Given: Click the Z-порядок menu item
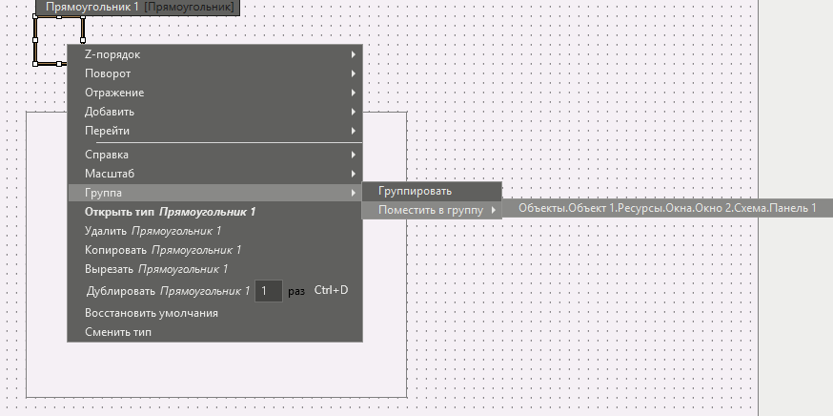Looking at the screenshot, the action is pyautogui.click(x=215, y=54).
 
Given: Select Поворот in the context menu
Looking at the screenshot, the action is pyautogui.click(x=215, y=73).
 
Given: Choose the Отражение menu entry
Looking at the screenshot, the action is pyautogui.click(x=215, y=93).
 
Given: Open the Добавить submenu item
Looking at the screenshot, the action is pyautogui.click(x=215, y=112).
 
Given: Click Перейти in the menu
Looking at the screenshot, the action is pyautogui.click(x=215, y=131).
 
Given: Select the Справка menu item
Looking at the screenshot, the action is pyautogui.click(x=215, y=155).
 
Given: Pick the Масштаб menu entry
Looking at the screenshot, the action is pyautogui.click(x=215, y=174).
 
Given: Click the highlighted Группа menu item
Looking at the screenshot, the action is pyautogui.click(x=215, y=193).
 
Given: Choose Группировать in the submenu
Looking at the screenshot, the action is pyautogui.click(x=432, y=191).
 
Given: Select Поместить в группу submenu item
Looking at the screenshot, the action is pyautogui.click(x=432, y=210).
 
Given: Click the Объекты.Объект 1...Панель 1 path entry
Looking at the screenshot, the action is pyautogui.click(x=667, y=208).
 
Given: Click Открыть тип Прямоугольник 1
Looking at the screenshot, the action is pyautogui.click(x=170, y=212).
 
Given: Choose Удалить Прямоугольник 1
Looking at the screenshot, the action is pyautogui.click(x=153, y=231).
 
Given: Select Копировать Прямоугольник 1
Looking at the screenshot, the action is pyautogui.click(x=163, y=250).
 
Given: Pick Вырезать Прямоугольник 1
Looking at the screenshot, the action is pyautogui.click(x=156, y=269).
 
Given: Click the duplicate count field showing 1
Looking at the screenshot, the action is pyautogui.click(x=268, y=291).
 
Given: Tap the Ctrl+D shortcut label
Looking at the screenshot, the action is pyautogui.click(x=331, y=290).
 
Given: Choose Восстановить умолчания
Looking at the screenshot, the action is pyautogui.click(x=152, y=313).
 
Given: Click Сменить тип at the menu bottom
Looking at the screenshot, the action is pyautogui.click(x=118, y=332).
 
